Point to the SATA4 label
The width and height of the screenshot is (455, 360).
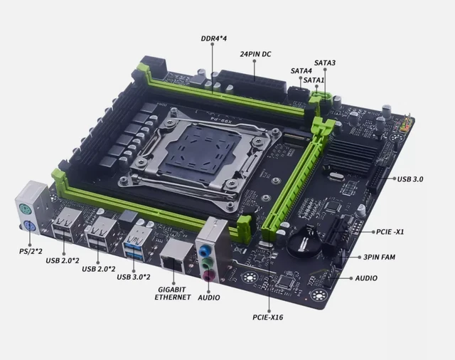coord(301,71)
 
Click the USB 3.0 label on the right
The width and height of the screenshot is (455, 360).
coord(410,179)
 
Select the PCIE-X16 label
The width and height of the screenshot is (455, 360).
coord(267,317)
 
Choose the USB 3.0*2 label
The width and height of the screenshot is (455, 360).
coord(133,275)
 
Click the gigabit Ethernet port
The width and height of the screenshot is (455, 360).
coord(173,255)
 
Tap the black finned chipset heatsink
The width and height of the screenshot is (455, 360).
coord(350,157)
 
